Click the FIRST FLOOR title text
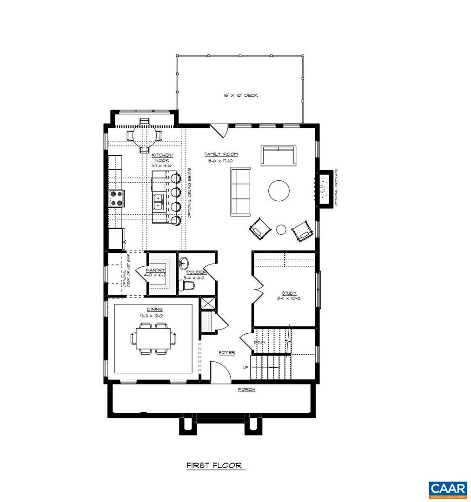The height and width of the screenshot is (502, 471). click(x=214, y=465)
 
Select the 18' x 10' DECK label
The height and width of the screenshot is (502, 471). click(x=240, y=95)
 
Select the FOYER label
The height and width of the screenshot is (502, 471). click(x=227, y=353)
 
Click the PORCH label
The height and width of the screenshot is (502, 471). click(x=246, y=389)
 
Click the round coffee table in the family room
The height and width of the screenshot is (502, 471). click(x=279, y=191)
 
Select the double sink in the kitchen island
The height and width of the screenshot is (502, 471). click(x=159, y=202)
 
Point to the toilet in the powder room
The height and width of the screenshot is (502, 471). click(x=187, y=288)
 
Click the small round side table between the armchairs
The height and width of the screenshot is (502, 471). click(x=281, y=229)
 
